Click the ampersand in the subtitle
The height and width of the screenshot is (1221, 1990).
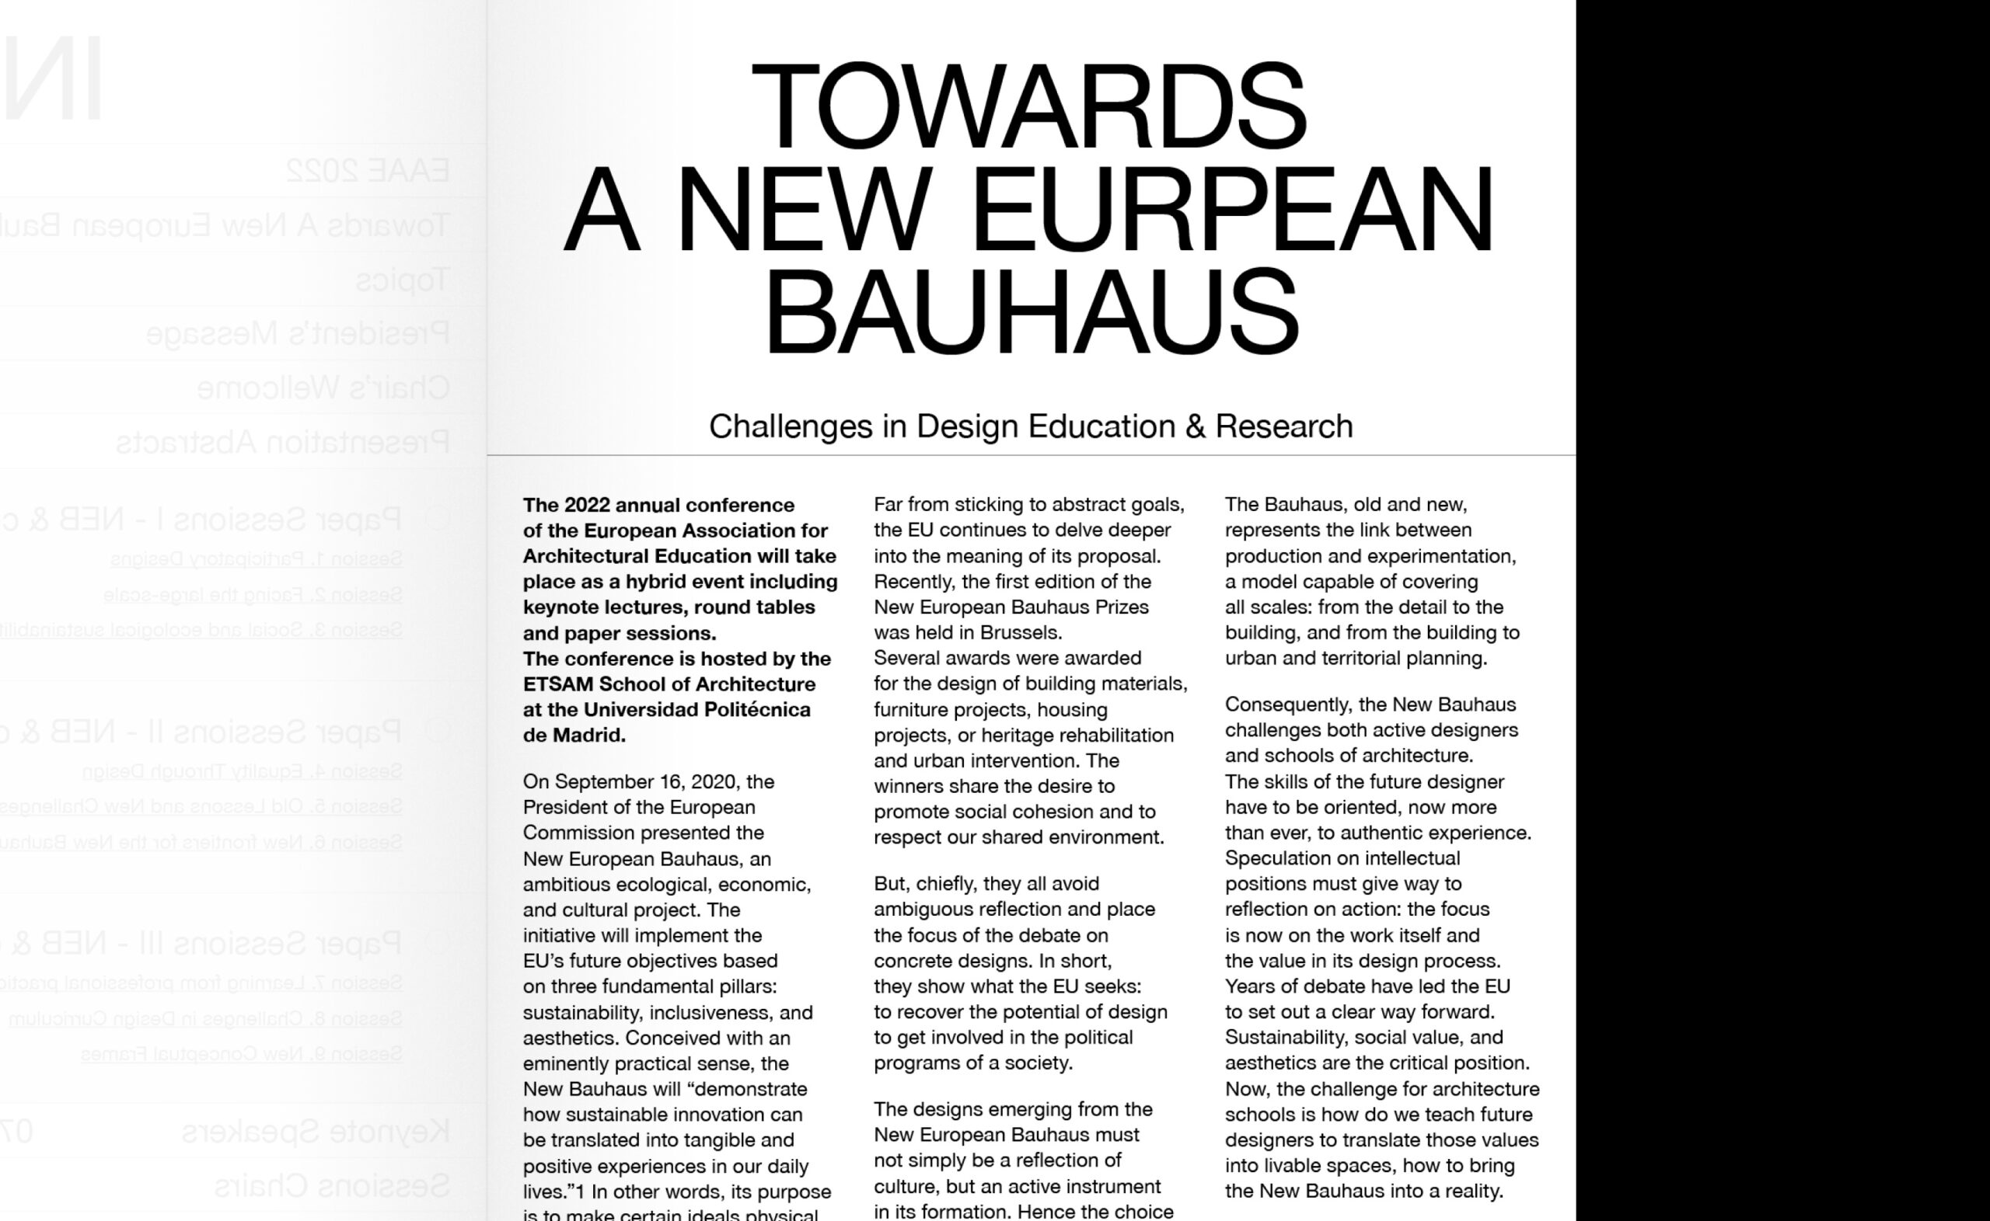click(x=1195, y=426)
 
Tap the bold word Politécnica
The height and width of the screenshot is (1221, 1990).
click(x=757, y=710)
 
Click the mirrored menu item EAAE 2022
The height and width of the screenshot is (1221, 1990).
click(x=368, y=170)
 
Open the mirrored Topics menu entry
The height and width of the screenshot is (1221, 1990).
click(x=403, y=280)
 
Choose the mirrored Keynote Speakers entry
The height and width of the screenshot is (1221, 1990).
click(x=315, y=1132)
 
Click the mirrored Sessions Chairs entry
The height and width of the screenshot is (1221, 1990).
click(x=332, y=1185)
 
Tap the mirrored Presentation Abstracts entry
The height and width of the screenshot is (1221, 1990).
click(x=283, y=442)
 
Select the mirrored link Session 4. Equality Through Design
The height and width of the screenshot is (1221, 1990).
click(x=243, y=771)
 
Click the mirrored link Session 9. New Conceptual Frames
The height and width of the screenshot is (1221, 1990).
click(x=242, y=1054)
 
